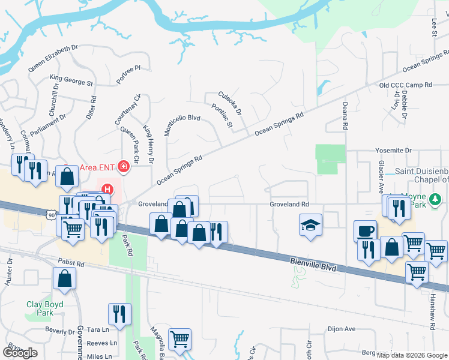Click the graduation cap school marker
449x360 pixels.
pyautogui.click(x=310, y=225)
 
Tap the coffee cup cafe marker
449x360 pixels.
pyautogui.click(x=365, y=231)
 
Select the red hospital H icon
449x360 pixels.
pyautogui.click(x=107, y=190)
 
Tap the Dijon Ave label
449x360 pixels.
pyautogui.click(x=342, y=329)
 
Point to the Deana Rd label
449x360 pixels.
pyautogui.click(x=345, y=115)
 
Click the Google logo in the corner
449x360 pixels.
pyautogui.click(x=20, y=352)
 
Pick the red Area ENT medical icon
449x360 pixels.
pyautogui.click(x=124, y=166)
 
